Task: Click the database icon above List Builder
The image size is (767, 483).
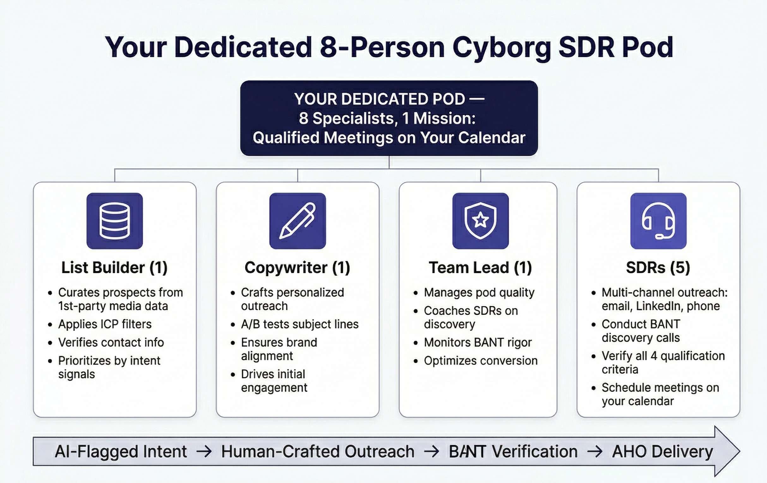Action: [x=115, y=221]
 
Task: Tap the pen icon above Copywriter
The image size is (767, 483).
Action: [x=298, y=221]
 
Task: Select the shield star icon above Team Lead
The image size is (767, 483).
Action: [x=480, y=221]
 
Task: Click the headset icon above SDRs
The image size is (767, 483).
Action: [x=658, y=221]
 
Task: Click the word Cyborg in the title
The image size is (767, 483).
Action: [x=501, y=48]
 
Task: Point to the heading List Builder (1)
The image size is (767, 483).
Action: [x=114, y=267]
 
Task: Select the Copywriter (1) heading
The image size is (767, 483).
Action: [x=297, y=267]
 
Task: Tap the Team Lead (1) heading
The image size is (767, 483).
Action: [x=480, y=267]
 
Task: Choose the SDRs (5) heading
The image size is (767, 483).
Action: [x=658, y=267]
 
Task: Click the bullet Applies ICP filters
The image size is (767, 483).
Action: [x=105, y=324]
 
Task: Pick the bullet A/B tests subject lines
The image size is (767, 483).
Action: [x=300, y=324]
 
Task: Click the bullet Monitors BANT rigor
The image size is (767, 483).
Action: [x=478, y=342]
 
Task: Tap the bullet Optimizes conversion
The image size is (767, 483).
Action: [x=481, y=361]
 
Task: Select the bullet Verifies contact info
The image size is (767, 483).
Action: [x=111, y=342]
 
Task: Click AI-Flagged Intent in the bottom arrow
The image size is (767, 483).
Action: [x=121, y=451]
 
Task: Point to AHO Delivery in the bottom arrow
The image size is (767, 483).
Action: [x=662, y=451]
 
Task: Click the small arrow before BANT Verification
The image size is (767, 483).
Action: [x=432, y=451]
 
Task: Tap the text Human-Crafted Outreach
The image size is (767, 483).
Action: [x=318, y=451]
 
